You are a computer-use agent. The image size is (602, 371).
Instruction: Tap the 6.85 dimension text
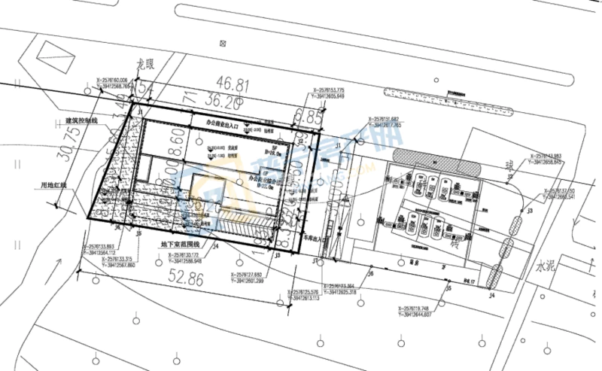coord(309,116)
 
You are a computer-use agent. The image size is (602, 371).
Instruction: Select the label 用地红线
coord(55,184)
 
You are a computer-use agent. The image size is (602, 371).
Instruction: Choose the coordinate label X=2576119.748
coord(415,309)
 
